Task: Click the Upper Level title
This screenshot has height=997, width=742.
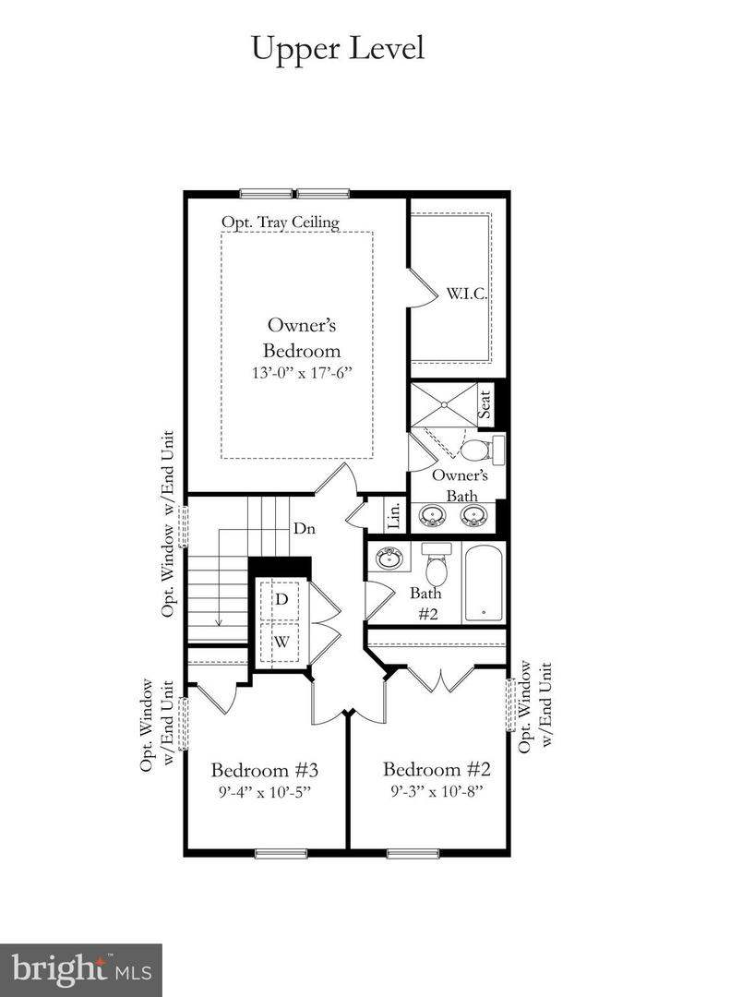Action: (338, 48)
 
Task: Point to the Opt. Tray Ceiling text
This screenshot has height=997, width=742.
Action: (280, 222)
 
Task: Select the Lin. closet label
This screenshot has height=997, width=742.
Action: (394, 515)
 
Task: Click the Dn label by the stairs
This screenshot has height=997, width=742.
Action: (305, 529)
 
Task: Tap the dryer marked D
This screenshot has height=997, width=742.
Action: (281, 600)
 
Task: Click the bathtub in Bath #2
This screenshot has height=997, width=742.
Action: (484, 584)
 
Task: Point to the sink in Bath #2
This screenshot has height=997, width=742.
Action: (389, 558)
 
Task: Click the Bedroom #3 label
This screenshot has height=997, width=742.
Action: (265, 770)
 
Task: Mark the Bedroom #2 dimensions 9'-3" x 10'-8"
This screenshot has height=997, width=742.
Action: (433, 791)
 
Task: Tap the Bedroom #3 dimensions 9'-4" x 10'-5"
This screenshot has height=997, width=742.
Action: (265, 791)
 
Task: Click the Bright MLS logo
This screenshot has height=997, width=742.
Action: (81, 969)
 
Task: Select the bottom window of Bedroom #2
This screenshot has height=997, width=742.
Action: (413, 853)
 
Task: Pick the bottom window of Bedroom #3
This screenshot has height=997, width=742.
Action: (281, 853)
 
